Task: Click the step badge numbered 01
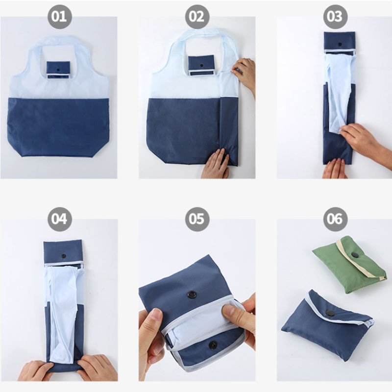tap(60, 17)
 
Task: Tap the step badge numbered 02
tap(197, 17)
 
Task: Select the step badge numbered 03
tap(335, 17)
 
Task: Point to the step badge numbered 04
tap(60, 219)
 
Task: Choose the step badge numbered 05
tap(197, 219)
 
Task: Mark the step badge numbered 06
tap(335, 219)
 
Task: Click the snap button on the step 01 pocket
tap(58, 69)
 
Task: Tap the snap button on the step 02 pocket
tap(201, 66)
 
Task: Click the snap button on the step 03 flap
tap(340, 45)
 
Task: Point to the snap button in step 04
tap(64, 256)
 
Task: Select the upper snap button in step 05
tap(192, 294)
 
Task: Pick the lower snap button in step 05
tap(213, 345)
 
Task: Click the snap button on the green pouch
tap(354, 255)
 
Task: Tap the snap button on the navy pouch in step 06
tap(330, 313)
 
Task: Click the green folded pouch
tap(349, 264)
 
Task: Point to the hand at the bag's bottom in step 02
tap(215, 164)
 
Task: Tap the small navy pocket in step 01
tap(58, 70)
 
